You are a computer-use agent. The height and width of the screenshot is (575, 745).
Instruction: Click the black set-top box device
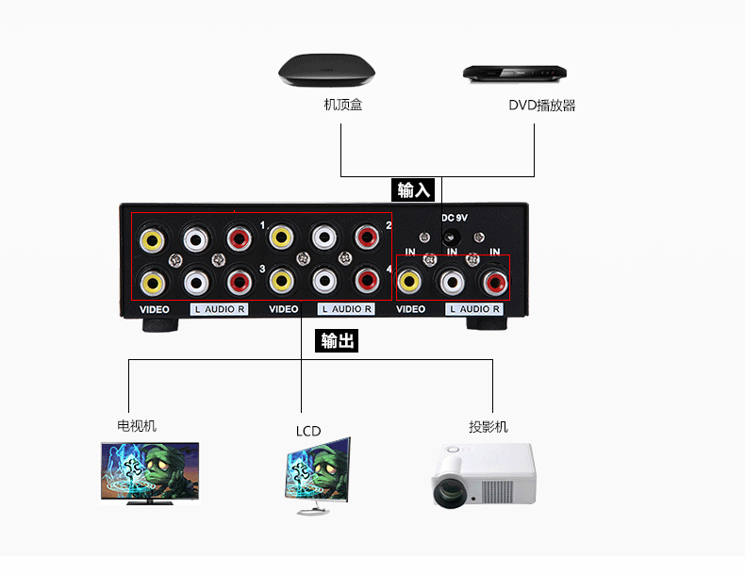point(326,71)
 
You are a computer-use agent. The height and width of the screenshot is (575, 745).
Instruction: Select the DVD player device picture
point(515,74)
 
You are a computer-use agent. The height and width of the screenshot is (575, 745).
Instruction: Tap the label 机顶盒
point(343,105)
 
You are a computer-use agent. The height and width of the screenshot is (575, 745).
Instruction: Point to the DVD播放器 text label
point(542,105)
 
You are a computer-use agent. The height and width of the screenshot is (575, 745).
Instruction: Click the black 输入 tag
point(413,189)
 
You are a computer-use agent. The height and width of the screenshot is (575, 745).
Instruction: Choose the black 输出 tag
point(337,341)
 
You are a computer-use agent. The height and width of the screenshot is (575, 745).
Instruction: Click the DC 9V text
point(455,218)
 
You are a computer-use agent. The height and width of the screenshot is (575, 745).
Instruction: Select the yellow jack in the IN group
point(409,281)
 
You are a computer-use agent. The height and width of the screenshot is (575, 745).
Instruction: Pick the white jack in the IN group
point(452,282)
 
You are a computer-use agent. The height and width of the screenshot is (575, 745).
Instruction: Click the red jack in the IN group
point(495,283)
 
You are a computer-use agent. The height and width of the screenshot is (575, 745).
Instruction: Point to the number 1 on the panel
point(262,225)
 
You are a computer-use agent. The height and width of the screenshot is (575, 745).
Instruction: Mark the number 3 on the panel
point(262,270)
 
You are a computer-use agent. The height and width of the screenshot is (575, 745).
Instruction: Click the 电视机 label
point(137,426)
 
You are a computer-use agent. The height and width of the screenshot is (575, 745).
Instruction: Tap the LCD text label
point(308,431)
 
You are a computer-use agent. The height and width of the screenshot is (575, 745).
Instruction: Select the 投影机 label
point(488,427)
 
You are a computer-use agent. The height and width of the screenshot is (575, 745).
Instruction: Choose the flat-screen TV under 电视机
point(150,473)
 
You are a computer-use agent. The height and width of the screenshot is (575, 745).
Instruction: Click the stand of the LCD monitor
point(313,509)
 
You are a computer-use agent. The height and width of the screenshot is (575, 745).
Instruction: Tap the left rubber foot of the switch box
point(160,325)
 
